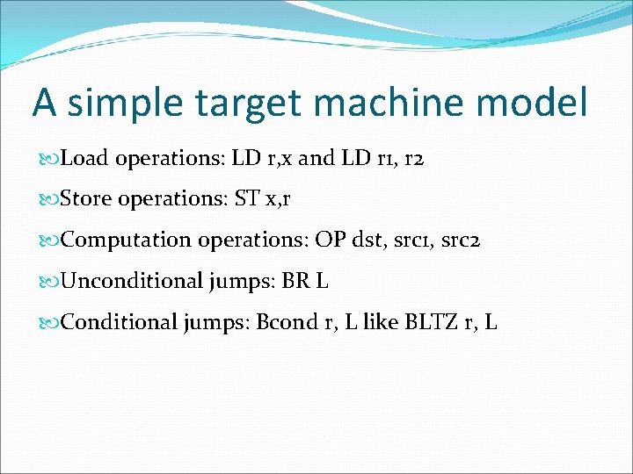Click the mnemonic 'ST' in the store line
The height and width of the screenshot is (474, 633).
(247, 199)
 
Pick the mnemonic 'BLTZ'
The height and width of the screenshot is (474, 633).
(432, 321)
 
